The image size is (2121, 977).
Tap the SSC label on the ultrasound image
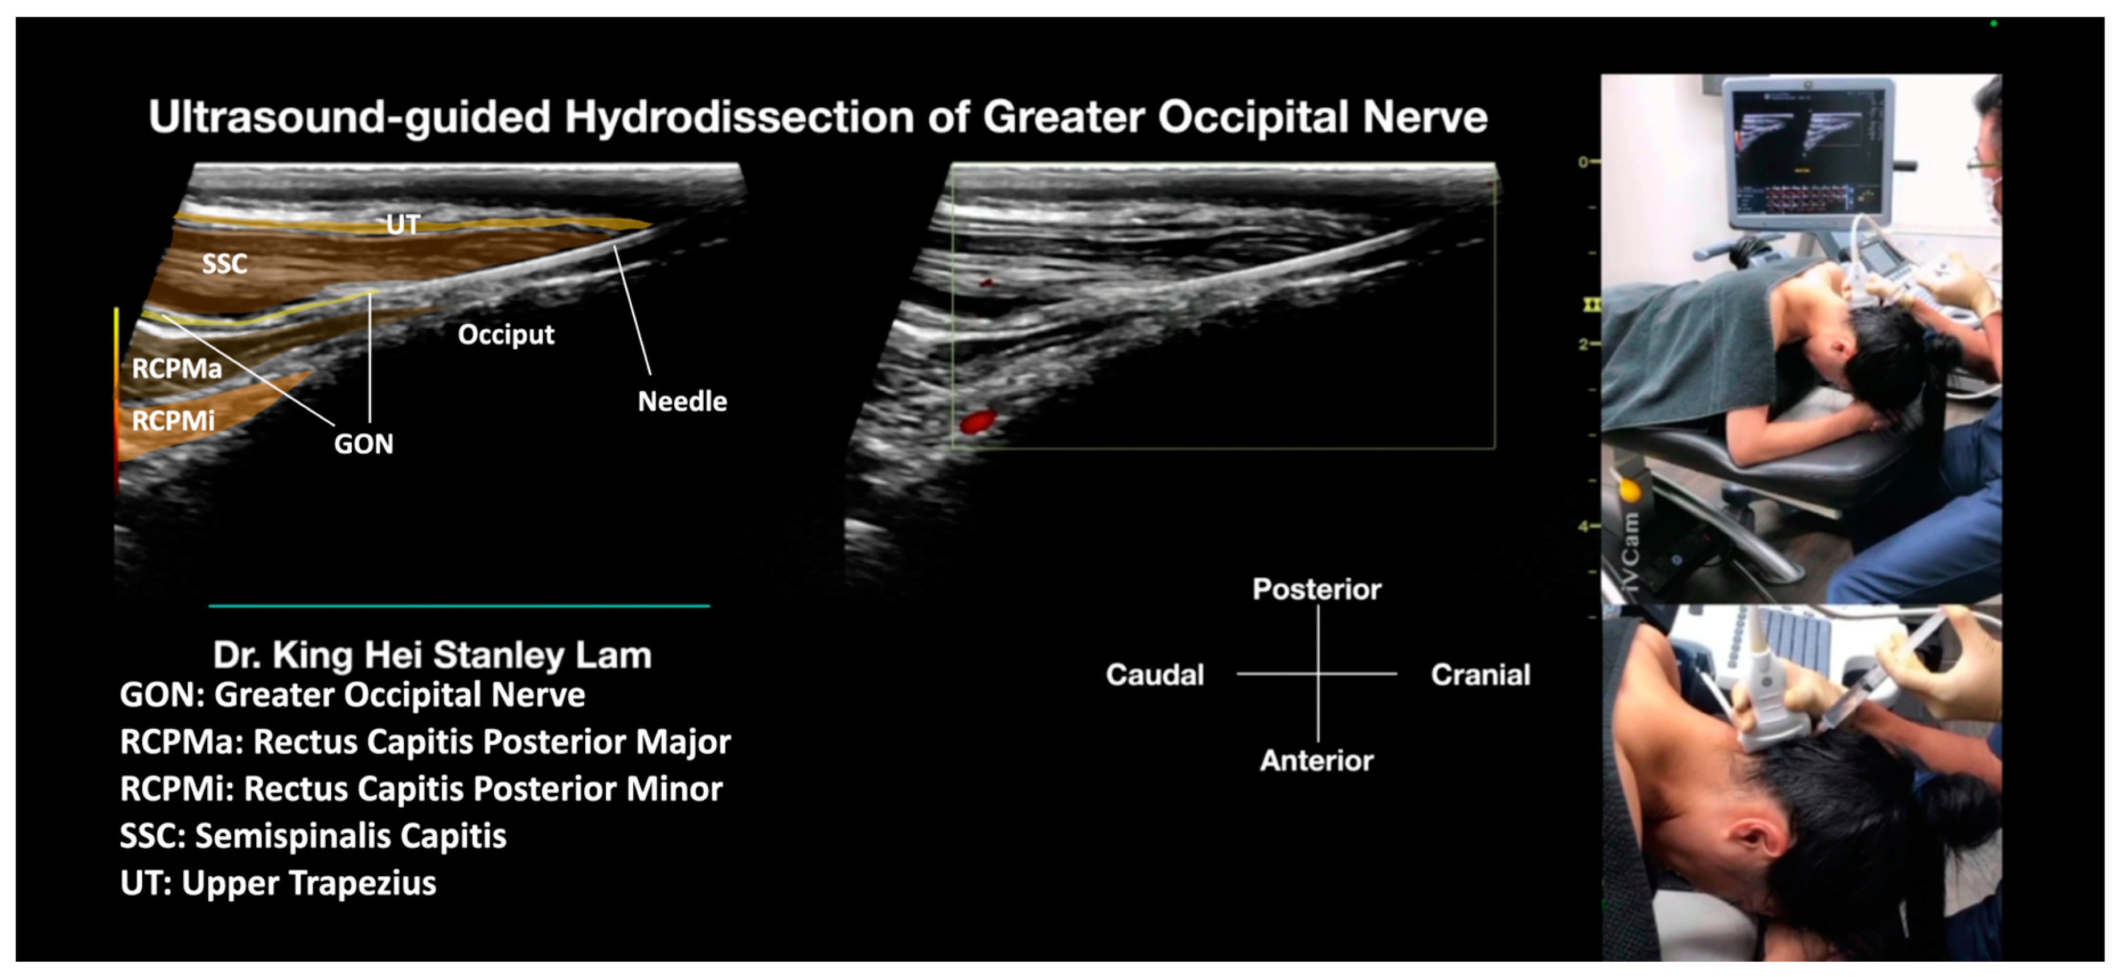224,264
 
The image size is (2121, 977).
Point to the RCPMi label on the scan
173,421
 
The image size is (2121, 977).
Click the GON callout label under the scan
363,444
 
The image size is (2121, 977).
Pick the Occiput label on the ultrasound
506,334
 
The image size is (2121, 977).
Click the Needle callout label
682,401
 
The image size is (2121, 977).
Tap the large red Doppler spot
977,423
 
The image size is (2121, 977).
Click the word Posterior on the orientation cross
1316,589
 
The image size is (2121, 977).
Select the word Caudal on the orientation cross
1154,675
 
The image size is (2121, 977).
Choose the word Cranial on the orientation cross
1480,675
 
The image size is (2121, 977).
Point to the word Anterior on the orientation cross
1316,761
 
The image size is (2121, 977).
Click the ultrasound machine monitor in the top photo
1807,153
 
